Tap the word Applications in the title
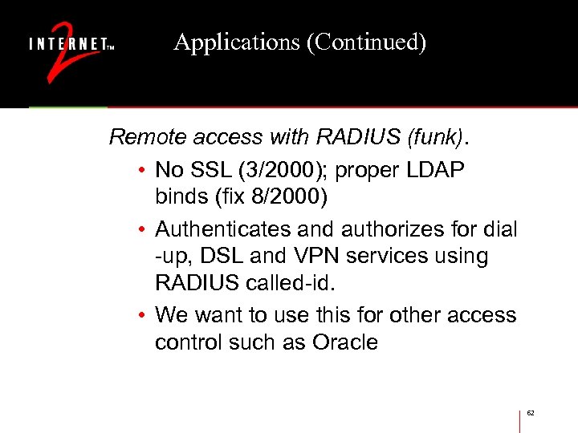237,42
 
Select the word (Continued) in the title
365,42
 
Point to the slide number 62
531,413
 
